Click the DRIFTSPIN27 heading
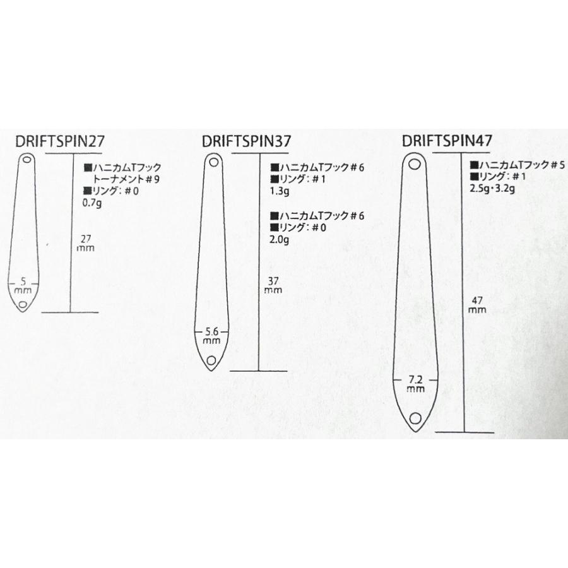[x=60, y=141]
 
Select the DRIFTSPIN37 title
[x=246, y=141]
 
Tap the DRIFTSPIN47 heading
[x=447, y=140]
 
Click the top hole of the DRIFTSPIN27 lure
[x=27, y=160]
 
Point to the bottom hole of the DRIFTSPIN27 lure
[x=23, y=304]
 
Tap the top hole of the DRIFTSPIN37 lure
[x=214, y=162]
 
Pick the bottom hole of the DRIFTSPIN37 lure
[x=211, y=360]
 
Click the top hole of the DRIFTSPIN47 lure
[x=413, y=165]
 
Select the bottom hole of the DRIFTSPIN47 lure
[x=415, y=418]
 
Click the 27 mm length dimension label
[x=86, y=244]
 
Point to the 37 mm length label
[x=273, y=285]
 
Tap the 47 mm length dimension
[x=478, y=305]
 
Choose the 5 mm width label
[x=23, y=286]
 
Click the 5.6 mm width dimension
[x=212, y=336]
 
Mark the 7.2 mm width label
[x=415, y=384]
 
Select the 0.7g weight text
[x=92, y=203]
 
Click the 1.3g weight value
[x=280, y=191]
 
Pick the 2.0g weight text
[x=280, y=240]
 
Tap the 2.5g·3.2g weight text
[x=492, y=189]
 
